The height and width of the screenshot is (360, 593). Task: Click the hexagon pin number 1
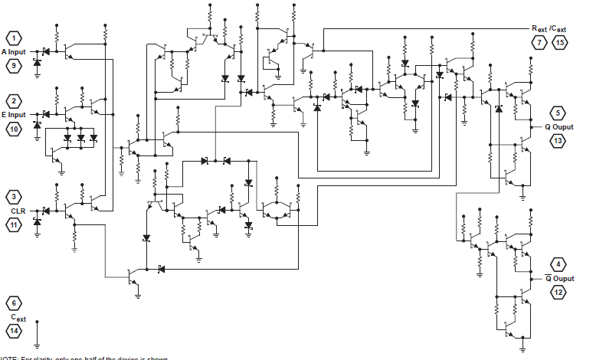tap(15, 38)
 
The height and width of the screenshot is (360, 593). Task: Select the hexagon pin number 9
tap(15, 66)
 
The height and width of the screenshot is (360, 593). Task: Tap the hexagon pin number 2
tap(15, 101)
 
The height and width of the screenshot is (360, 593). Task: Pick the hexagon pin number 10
tap(15, 129)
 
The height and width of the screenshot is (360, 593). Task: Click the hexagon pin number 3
tap(15, 197)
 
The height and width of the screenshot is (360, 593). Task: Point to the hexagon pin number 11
tap(15, 224)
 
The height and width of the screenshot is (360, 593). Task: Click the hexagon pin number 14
tap(15, 330)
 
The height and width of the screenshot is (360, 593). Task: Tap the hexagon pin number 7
tap(540, 42)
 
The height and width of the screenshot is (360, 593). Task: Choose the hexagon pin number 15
tap(560, 42)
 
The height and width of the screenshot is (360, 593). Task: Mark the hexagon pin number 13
tap(559, 141)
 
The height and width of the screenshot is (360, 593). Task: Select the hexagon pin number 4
tap(559, 264)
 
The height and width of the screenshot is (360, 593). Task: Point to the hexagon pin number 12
tap(559, 292)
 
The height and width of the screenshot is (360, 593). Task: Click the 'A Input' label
tap(14, 52)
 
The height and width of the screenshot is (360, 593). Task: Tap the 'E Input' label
tap(14, 115)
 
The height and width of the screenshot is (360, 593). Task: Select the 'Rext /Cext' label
tap(549, 28)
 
